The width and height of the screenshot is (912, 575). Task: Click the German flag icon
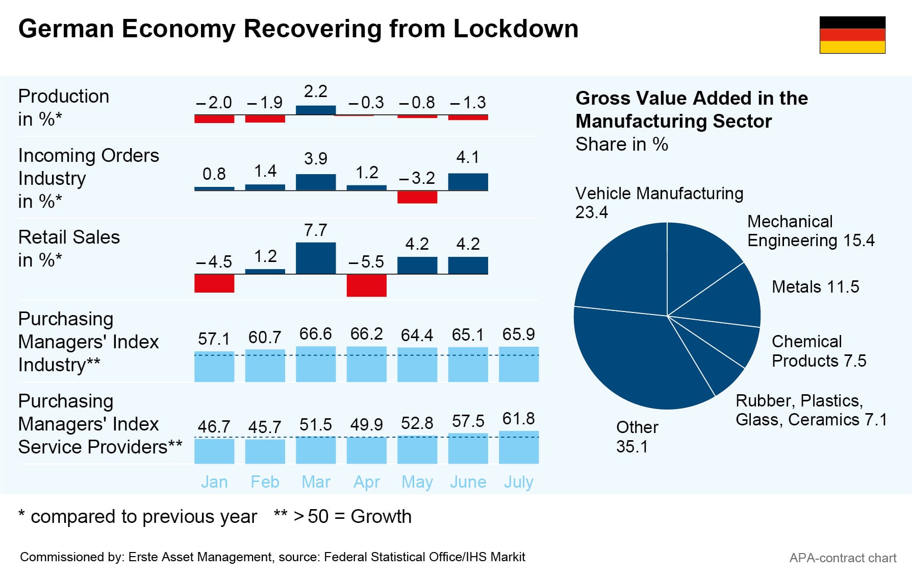pyautogui.click(x=852, y=35)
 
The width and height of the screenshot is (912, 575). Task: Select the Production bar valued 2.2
pyautogui.click(x=316, y=110)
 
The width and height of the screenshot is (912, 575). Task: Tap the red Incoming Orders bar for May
pyautogui.click(x=417, y=197)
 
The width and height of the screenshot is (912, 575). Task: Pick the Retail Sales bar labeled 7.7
pyautogui.click(x=316, y=258)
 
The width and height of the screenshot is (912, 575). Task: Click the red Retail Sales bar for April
pyautogui.click(x=366, y=285)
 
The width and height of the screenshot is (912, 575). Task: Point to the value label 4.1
pyautogui.click(x=468, y=157)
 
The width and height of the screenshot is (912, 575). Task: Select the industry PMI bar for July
pyautogui.click(x=519, y=364)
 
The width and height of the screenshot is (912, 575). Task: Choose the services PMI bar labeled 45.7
pyautogui.click(x=265, y=451)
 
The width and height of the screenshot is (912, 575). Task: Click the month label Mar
pyautogui.click(x=316, y=482)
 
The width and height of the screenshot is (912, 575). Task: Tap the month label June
pyautogui.click(x=468, y=482)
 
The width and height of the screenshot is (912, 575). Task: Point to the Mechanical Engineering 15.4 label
pyautogui.click(x=810, y=231)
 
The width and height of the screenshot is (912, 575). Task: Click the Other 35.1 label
pyautogui.click(x=637, y=437)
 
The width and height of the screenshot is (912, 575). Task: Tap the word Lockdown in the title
pyautogui.click(x=516, y=29)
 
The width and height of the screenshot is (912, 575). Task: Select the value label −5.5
pyautogui.click(x=366, y=262)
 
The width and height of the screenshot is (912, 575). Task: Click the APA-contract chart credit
pyautogui.click(x=843, y=558)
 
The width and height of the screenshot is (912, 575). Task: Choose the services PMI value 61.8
pyautogui.click(x=519, y=419)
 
